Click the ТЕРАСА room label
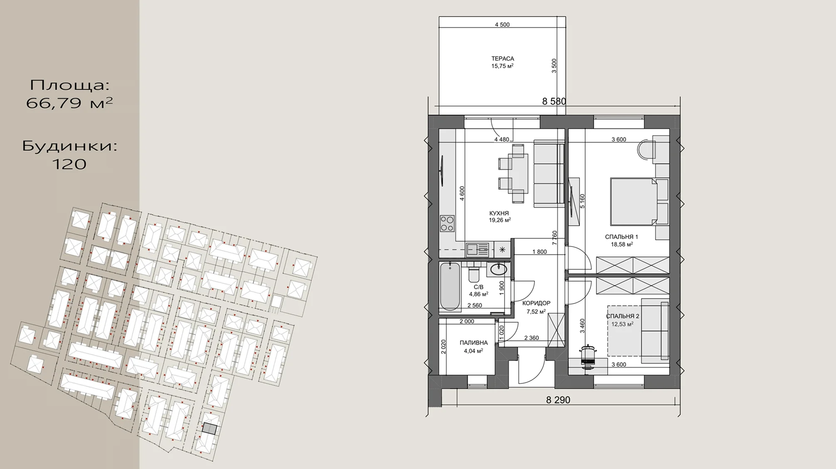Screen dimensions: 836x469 pos(502,59)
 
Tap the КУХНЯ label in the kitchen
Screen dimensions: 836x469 pos(499,213)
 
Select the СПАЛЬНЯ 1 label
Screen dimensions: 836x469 pos(621,237)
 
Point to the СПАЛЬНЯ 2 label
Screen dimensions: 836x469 pos(623,316)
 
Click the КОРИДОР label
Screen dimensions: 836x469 pos(536,304)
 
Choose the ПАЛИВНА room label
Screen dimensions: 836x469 pos(474,343)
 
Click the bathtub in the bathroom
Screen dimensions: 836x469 pos(450,286)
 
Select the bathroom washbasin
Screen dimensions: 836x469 pos(498,269)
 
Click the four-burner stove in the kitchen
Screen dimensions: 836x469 pos(447,223)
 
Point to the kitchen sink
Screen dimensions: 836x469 pos(477,249)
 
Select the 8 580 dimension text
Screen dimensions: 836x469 pos(554,101)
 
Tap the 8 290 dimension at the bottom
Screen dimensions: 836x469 pos(558,400)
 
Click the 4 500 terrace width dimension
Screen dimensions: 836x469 pos(502,25)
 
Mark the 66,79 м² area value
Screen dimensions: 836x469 pos(69,103)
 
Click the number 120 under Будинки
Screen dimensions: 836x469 pos(69,164)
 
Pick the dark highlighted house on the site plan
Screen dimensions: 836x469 pos(210,429)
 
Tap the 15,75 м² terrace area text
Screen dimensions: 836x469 pos(502,66)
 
